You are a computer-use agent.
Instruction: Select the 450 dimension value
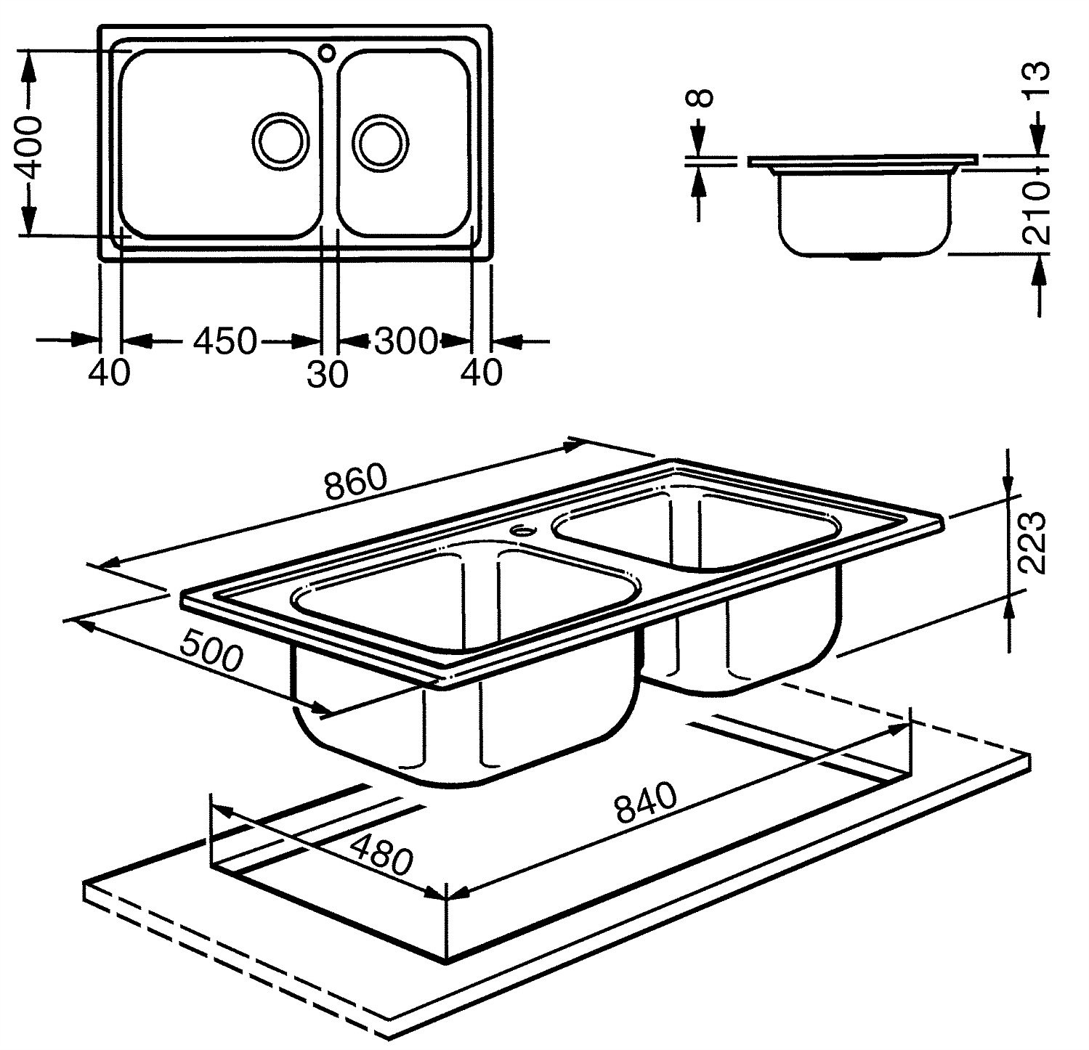pos(225,341)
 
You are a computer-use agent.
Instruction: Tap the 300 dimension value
pos(408,341)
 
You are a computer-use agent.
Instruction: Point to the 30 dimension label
pos(328,375)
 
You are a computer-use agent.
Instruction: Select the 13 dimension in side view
pos(1039,81)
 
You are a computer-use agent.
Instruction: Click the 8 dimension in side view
pos(701,98)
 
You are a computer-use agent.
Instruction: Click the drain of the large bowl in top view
pos(278,139)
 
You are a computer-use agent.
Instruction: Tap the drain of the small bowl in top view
pos(381,139)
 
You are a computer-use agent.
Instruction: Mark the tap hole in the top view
pos(328,52)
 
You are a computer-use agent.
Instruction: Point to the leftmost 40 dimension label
pos(109,373)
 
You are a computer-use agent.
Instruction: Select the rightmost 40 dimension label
pos(482,373)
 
